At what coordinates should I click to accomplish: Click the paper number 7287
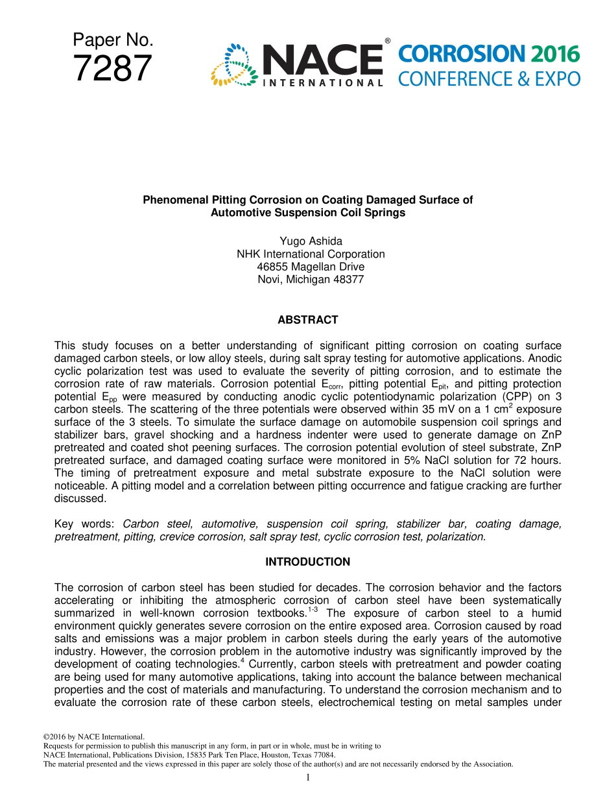pos(113,69)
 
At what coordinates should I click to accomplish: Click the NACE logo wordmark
pos(322,60)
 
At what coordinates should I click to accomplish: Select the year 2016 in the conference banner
pos(554,54)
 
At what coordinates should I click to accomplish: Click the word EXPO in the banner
pos(556,79)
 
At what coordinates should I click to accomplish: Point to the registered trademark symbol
pos(387,41)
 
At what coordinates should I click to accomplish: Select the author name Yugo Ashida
pos(307,241)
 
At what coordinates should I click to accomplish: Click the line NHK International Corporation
pos(311,254)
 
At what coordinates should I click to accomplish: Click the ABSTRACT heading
pos(307,320)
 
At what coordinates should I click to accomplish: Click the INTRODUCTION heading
pos(307,562)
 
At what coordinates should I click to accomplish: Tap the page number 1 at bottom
pos(308,778)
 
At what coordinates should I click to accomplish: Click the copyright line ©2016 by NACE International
pos(93,737)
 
